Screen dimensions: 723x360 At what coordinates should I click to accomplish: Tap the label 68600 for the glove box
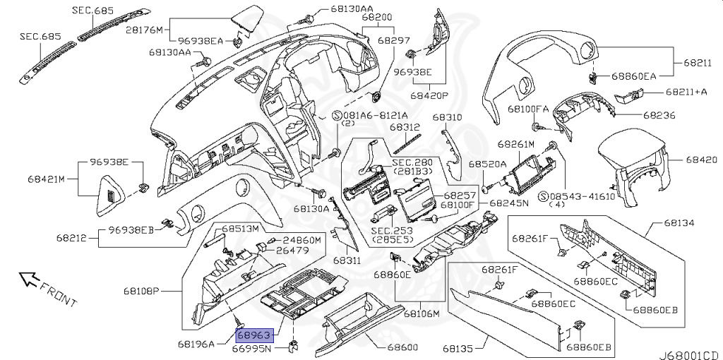click(402, 347)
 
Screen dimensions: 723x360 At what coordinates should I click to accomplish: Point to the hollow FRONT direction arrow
click(28, 278)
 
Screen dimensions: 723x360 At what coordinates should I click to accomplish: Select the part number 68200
click(377, 18)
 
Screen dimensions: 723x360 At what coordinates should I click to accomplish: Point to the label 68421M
click(45, 179)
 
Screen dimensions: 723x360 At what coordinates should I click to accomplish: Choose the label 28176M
click(144, 30)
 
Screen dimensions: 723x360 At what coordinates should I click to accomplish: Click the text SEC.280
click(412, 163)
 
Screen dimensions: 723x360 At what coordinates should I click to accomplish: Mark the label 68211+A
click(686, 92)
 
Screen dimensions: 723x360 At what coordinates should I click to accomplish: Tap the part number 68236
click(659, 115)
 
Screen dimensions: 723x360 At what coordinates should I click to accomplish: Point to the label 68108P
click(141, 292)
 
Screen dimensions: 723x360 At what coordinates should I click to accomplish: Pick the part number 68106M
click(422, 314)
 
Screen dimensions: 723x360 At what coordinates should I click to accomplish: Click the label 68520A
click(488, 164)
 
